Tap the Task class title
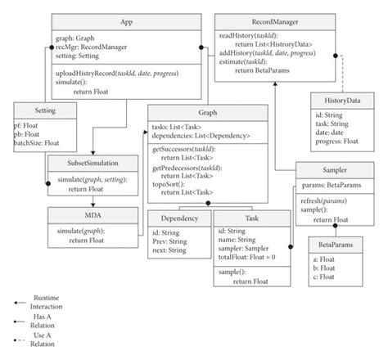coord(251,218)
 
